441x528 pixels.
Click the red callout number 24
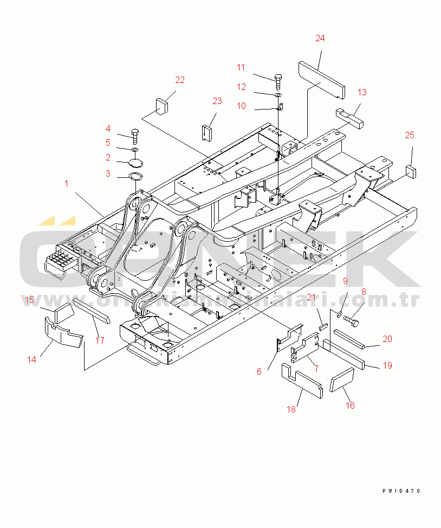click(x=320, y=38)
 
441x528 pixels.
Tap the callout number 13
click(x=361, y=92)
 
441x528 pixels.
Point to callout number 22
click(x=179, y=80)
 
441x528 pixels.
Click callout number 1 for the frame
click(x=67, y=183)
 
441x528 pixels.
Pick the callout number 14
click(x=32, y=359)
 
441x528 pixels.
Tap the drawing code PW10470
click(x=400, y=491)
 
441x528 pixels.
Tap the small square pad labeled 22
click(x=161, y=105)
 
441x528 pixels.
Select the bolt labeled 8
click(x=352, y=322)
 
